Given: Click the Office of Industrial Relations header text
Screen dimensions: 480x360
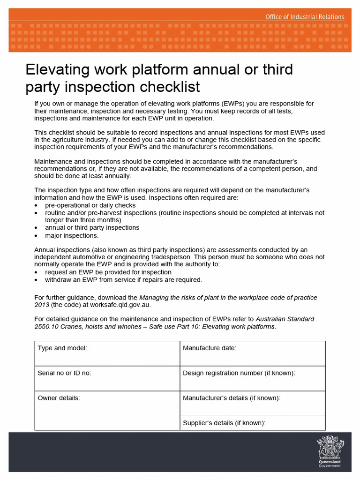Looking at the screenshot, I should [x=305, y=17].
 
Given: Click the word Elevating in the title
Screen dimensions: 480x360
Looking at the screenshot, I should [x=57, y=69].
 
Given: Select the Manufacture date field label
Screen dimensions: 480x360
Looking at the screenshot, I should [x=210, y=348].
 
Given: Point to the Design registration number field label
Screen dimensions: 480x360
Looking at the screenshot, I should [x=239, y=373].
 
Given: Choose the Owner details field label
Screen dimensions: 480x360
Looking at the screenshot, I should [x=59, y=398].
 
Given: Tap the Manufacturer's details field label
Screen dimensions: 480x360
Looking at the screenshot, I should [x=232, y=398].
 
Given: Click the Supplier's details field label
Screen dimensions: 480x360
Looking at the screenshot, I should [x=224, y=423].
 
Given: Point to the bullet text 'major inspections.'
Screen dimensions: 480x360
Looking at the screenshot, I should [x=72, y=235].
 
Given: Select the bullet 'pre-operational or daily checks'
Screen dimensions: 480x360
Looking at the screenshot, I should [x=90, y=205].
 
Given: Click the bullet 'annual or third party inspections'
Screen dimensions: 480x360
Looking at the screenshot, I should [x=92, y=228].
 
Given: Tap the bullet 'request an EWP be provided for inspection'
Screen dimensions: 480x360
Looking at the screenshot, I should [x=108, y=272].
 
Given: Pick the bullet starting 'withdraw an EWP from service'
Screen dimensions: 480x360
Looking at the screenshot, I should [x=123, y=280].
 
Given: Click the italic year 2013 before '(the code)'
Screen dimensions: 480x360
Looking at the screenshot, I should [x=42, y=305].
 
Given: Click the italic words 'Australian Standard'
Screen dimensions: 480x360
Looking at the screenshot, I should [x=285, y=319].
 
